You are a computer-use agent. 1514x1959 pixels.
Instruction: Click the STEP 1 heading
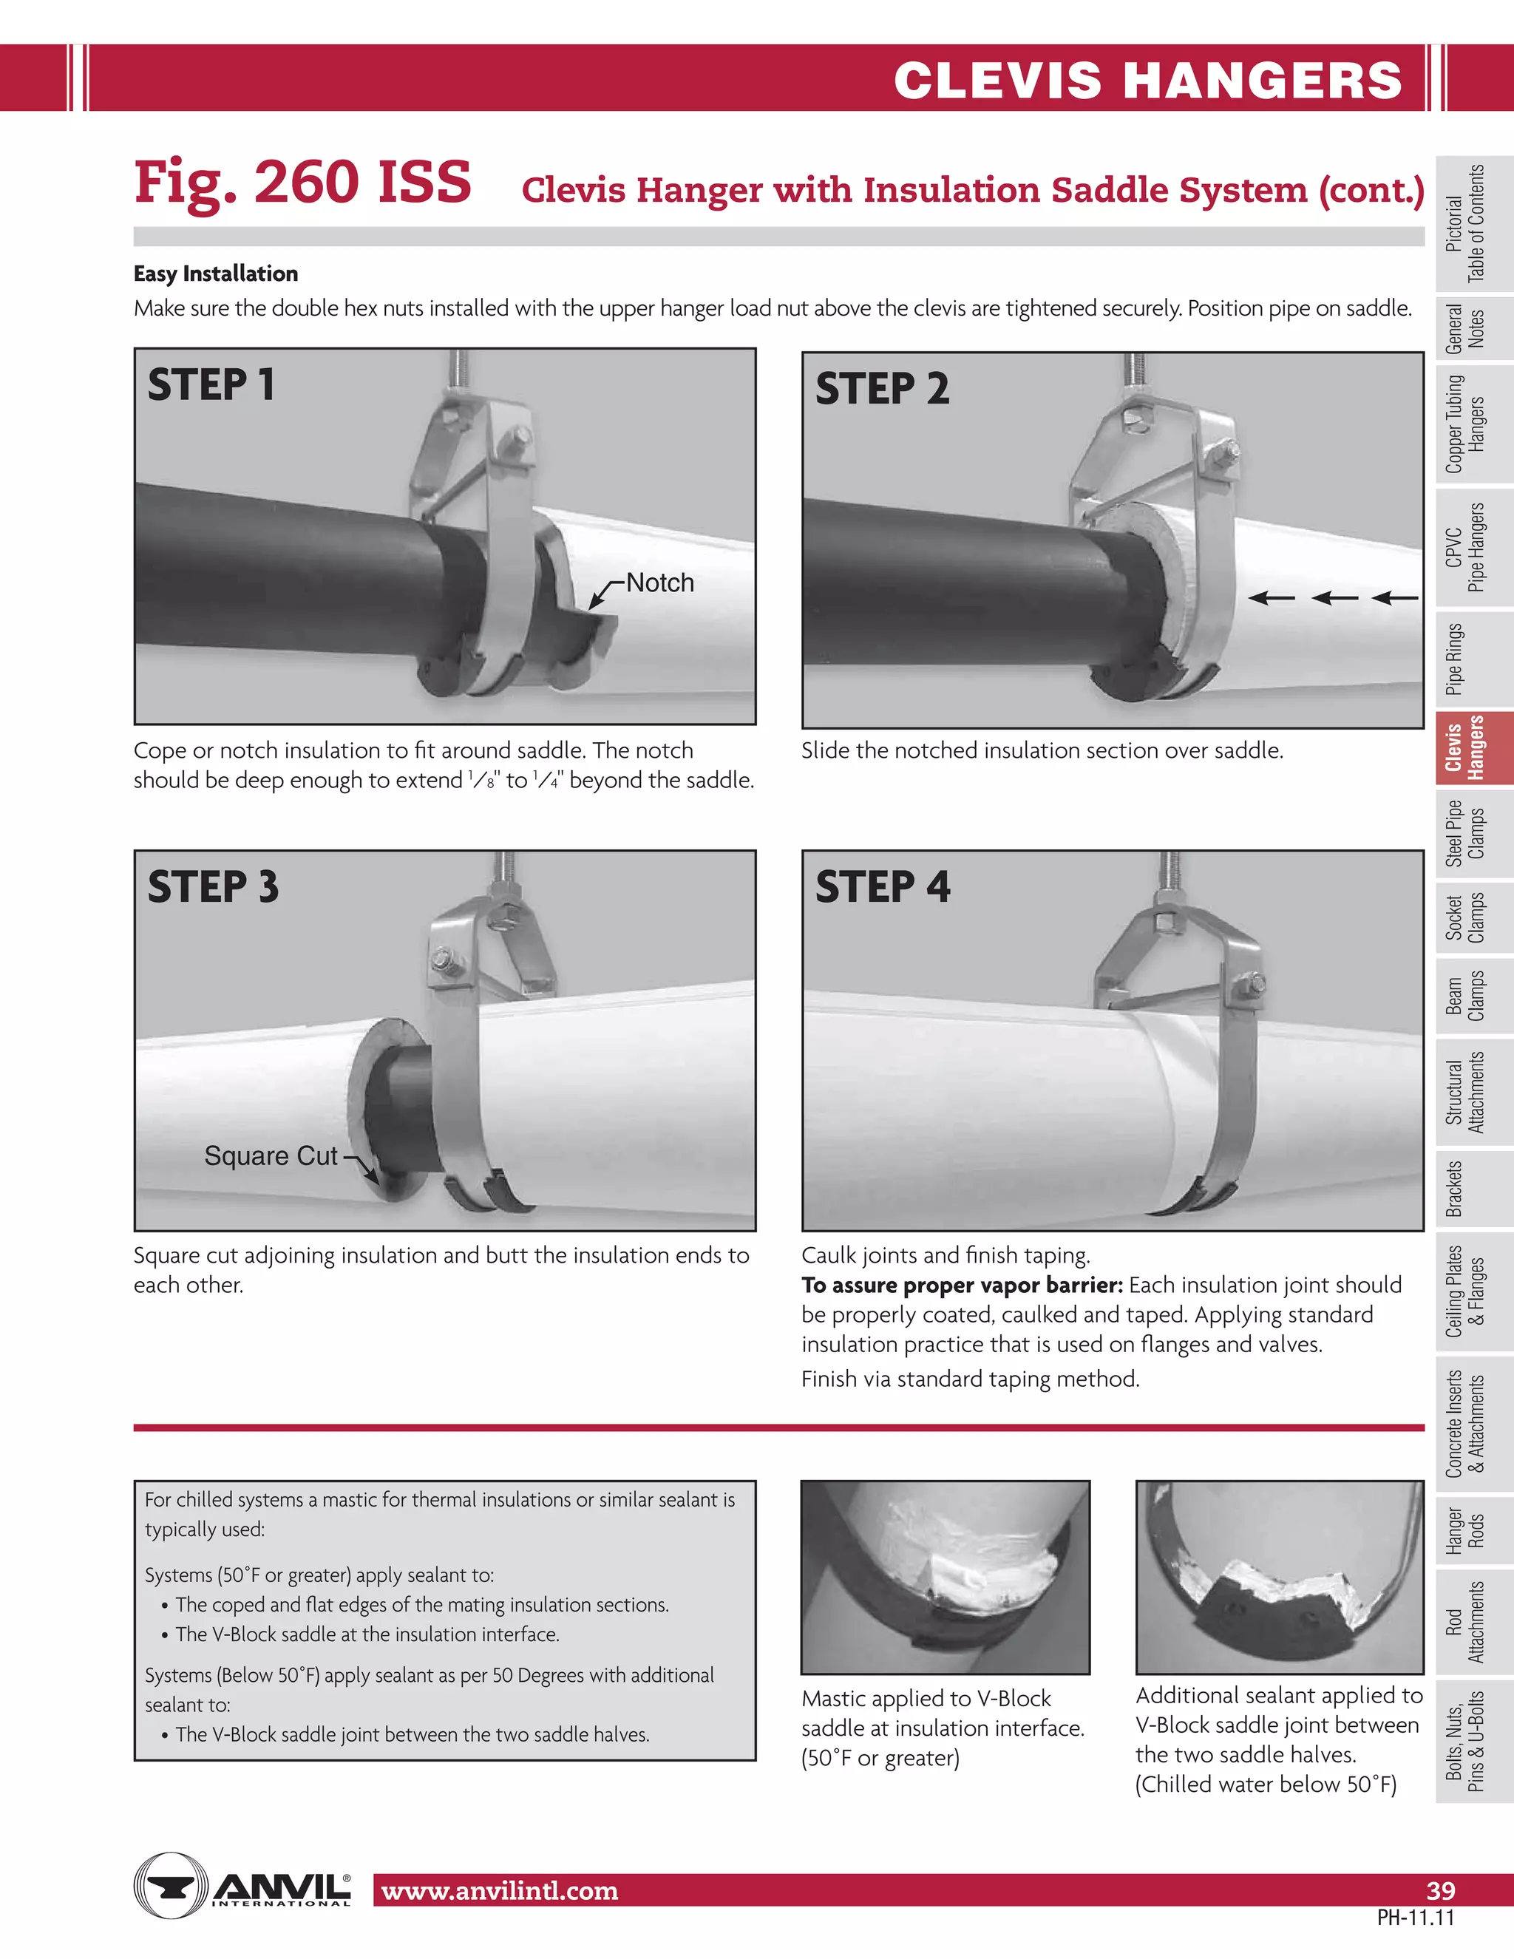point(211,385)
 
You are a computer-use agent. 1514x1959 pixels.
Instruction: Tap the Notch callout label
point(659,583)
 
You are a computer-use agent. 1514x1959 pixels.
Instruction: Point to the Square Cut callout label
point(270,1155)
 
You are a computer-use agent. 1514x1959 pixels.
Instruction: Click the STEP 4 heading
point(882,887)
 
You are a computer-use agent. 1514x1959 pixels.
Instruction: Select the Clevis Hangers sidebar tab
point(1464,747)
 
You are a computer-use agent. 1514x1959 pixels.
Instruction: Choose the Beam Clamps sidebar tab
point(1464,996)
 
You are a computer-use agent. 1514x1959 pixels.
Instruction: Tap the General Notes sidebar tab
point(1464,329)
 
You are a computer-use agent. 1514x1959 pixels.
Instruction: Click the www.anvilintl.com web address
point(500,1891)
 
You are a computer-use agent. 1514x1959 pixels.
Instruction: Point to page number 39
point(1441,1891)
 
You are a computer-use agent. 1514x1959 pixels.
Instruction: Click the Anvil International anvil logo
point(171,1886)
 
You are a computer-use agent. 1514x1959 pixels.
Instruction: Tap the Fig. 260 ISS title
point(302,182)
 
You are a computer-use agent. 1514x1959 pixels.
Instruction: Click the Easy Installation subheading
point(215,274)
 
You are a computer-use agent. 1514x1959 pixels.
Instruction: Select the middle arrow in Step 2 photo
point(1334,597)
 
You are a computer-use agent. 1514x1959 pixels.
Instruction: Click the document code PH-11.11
point(1416,1918)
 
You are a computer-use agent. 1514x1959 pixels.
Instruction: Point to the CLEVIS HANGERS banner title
point(1147,80)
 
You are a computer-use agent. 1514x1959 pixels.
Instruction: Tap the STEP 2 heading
point(882,388)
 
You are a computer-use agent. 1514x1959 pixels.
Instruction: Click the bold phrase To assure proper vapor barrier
point(962,1286)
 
